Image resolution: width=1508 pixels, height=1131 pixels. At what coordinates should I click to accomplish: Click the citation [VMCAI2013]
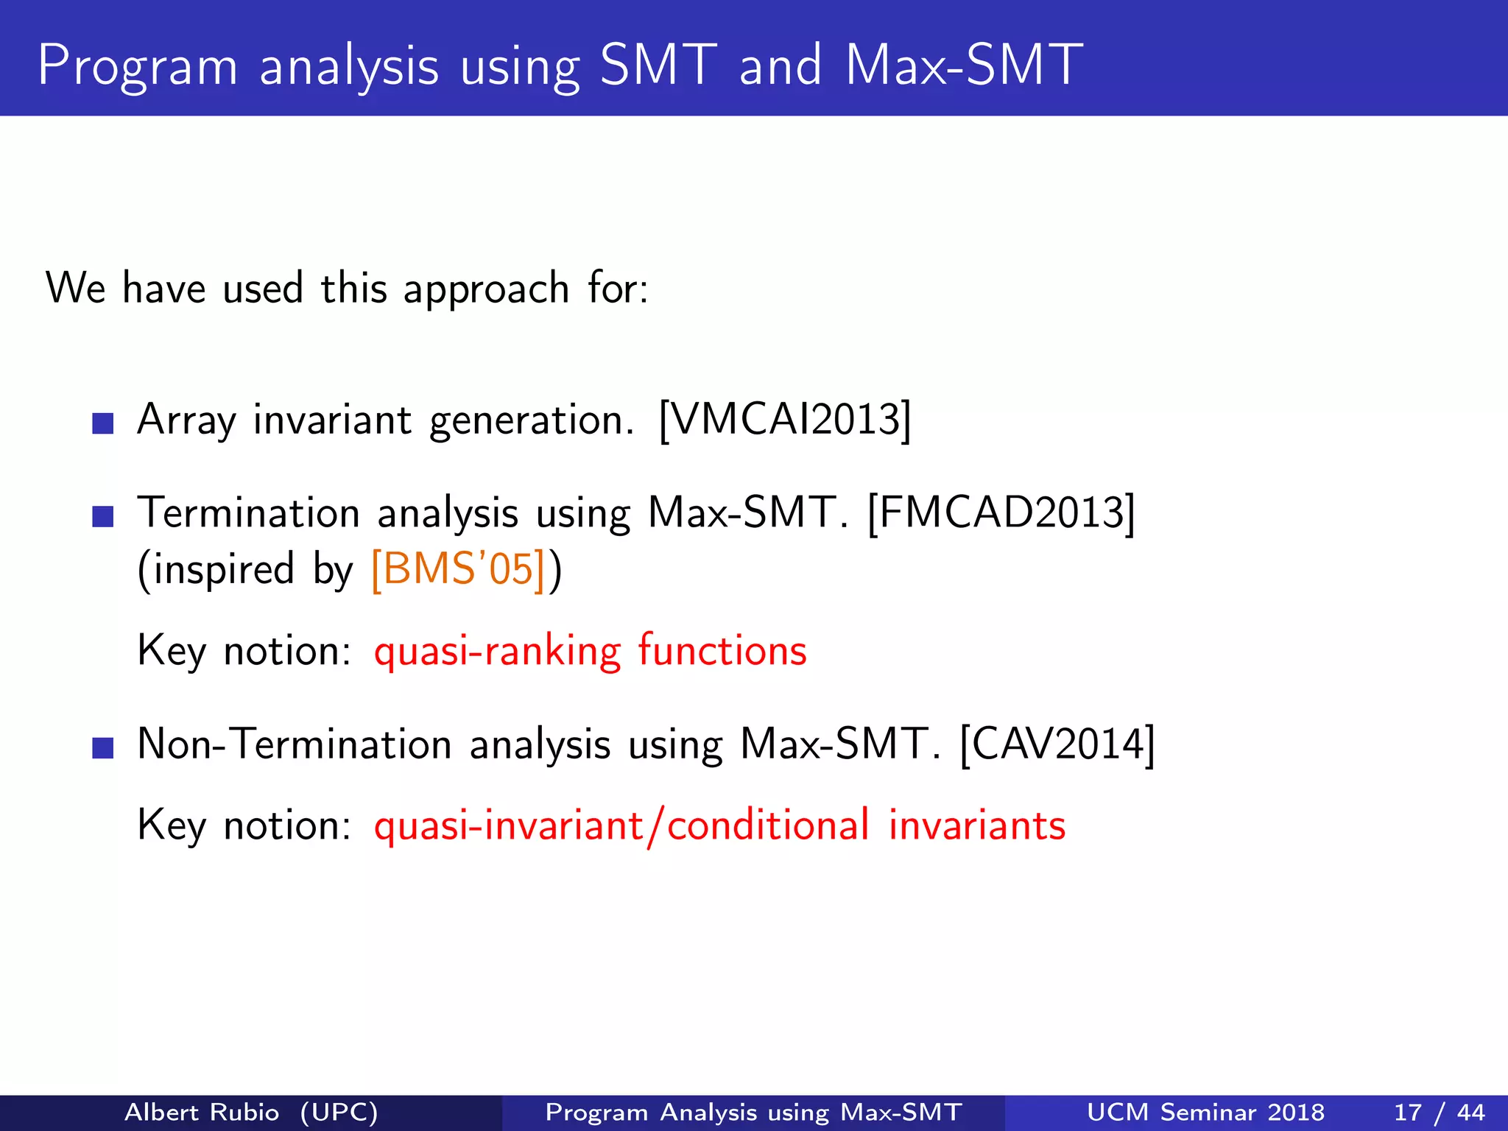pyautogui.click(x=785, y=420)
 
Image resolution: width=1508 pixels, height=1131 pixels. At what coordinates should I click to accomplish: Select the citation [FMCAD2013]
pyautogui.click(x=1001, y=513)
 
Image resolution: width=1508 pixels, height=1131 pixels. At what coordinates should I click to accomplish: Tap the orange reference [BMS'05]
pyautogui.click(x=459, y=569)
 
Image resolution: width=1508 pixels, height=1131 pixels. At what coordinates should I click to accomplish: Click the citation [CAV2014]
pyautogui.click(x=1057, y=744)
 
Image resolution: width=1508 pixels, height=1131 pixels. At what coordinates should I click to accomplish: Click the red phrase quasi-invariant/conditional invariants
pyautogui.click(x=719, y=825)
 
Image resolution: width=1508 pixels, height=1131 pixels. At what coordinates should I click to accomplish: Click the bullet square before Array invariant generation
pyautogui.click(x=103, y=423)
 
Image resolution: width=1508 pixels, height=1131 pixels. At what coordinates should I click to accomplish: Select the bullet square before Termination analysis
pyautogui.click(x=103, y=517)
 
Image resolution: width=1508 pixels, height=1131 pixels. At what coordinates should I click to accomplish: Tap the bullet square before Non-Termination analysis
pyautogui.click(x=103, y=748)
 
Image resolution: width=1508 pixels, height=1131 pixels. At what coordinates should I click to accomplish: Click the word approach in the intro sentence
pyautogui.click(x=486, y=289)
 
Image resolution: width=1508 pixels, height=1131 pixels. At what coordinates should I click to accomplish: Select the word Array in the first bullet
pyautogui.click(x=186, y=420)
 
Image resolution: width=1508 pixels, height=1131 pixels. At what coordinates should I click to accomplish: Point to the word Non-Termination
pyautogui.click(x=294, y=744)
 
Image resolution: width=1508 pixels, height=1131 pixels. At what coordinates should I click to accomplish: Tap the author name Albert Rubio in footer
pyautogui.click(x=202, y=1112)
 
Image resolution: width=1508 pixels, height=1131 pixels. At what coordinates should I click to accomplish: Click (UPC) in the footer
pyautogui.click(x=339, y=1112)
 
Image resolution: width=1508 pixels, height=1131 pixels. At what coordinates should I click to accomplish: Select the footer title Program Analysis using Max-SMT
pyautogui.click(x=753, y=1112)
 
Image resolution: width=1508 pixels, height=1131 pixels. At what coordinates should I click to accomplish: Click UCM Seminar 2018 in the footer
pyautogui.click(x=1205, y=1112)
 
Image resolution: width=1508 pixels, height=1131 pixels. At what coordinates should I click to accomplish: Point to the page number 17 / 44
pyautogui.click(x=1439, y=1112)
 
